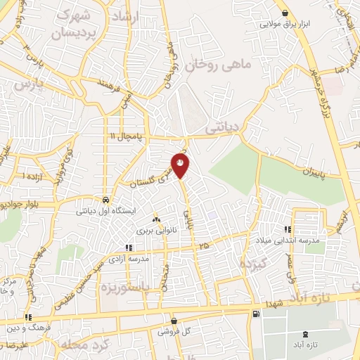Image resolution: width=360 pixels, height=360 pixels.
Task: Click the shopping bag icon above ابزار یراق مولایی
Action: point(284,13)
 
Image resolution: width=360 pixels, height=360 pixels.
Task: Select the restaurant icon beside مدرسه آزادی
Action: point(127,247)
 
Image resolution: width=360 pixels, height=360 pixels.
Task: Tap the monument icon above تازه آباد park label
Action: point(304,335)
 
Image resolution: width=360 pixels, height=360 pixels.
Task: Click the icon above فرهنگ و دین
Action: point(28,317)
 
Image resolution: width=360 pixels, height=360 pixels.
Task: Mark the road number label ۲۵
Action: point(203,245)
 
